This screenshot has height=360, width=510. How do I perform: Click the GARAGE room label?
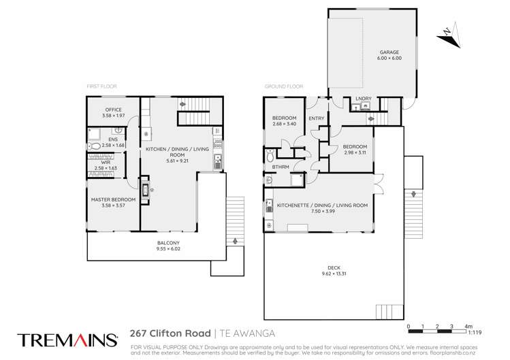(389, 52)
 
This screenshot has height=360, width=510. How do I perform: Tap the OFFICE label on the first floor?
(112, 110)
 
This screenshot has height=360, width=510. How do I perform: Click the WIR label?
(108, 162)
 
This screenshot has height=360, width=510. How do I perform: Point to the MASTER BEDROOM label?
(113, 199)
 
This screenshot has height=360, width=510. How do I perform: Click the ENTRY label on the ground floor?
(316, 118)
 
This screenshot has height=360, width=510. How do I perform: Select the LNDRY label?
(363, 99)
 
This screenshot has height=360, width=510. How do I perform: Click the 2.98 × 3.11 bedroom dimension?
(355, 153)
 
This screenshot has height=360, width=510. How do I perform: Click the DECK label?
(334, 269)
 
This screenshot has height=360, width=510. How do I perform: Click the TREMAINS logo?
(67, 338)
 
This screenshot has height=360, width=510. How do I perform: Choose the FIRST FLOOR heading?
(103, 87)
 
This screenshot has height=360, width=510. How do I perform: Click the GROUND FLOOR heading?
(283, 87)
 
